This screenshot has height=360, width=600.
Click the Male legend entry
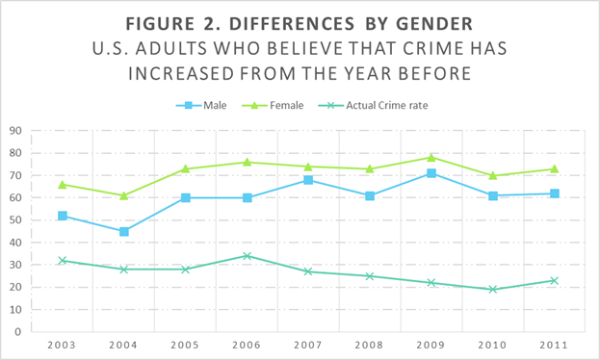pos(202,105)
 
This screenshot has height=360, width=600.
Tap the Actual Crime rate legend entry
pos(388,105)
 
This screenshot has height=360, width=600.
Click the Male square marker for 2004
pos(124,231)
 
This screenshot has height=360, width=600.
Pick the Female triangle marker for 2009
pos(431,157)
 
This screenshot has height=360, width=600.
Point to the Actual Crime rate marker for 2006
pos(248,256)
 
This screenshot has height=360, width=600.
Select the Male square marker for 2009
pos(431,173)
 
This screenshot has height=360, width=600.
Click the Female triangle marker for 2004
pos(124,195)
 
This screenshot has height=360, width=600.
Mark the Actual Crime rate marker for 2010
pos(493,289)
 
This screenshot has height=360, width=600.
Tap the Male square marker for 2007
pos(308,180)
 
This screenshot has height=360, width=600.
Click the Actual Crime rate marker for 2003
pos(63,260)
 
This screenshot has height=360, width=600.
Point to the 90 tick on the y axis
pos(16,131)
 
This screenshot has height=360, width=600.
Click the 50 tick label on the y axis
pos(16,220)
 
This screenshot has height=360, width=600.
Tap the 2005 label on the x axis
pos(186,344)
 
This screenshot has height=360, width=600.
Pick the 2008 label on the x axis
pos(370,344)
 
